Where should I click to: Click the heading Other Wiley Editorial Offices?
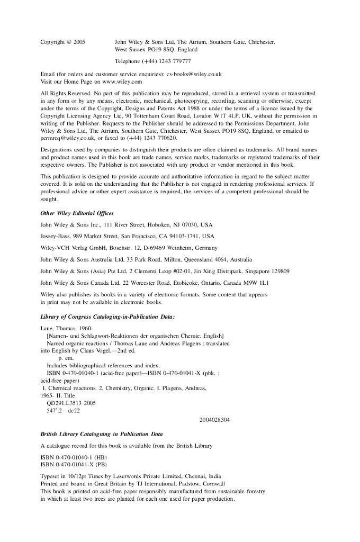[77, 213]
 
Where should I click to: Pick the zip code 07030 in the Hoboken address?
[187, 225]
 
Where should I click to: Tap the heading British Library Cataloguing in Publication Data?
[101, 434]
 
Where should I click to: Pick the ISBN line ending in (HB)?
[73, 457]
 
